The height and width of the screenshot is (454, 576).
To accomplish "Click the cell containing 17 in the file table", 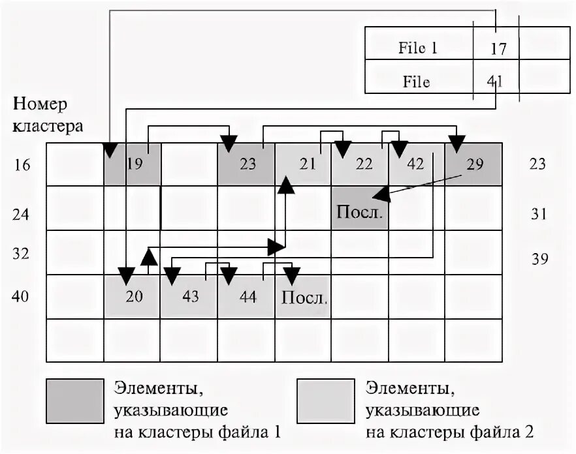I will (x=496, y=48).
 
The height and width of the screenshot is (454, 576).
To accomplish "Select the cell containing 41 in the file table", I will (x=496, y=82).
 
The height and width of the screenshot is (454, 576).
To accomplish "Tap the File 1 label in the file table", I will (x=418, y=48).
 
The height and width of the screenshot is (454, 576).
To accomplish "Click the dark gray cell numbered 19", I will (x=133, y=164).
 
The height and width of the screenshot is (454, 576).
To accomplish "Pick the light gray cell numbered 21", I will (x=302, y=164).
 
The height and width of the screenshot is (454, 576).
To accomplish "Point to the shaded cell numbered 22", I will (x=359, y=164).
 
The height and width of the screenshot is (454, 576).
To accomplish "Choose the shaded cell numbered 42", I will (x=416, y=164).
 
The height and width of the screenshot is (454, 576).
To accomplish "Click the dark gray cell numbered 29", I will (x=473, y=164).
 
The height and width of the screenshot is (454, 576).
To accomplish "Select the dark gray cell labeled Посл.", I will (x=359, y=209).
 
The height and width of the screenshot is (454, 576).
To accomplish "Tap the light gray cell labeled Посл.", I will (x=303, y=297).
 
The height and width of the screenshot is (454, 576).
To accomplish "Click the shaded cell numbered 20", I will (x=133, y=297).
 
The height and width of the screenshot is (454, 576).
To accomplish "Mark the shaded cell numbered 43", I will (x=189, y=297).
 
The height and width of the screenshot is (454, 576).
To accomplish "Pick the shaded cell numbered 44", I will (x=246, y=297).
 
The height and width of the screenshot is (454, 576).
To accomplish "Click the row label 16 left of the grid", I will (x=22, y=165).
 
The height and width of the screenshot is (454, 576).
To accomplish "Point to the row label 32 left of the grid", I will (x=22, y=254).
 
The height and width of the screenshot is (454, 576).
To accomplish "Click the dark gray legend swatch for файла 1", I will (x=74, y=399).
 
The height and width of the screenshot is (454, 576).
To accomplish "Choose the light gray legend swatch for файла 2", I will (x=325, y=399).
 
